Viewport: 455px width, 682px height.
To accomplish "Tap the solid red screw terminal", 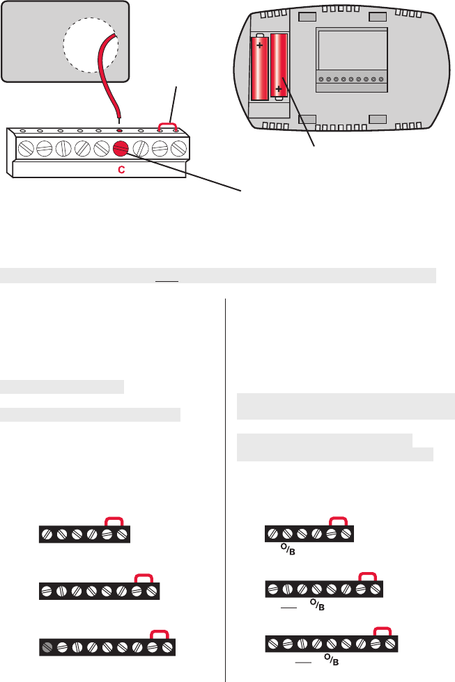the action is point(121,148).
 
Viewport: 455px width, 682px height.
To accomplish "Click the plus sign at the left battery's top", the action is point(261,46).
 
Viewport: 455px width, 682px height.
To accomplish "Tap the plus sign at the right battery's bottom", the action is point(280,90).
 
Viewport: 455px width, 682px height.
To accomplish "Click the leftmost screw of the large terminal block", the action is point(25,148).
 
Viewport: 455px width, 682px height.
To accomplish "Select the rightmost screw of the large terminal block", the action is point(178,148).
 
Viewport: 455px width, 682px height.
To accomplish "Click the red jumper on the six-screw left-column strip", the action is point(114,522).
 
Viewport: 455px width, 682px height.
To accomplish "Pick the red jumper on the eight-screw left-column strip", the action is point(144,578).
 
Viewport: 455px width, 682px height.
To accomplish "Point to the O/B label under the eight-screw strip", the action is point(318,605).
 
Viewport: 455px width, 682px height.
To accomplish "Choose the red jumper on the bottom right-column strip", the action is point(382,631).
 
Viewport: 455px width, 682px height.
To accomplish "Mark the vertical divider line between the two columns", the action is point(225,487).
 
